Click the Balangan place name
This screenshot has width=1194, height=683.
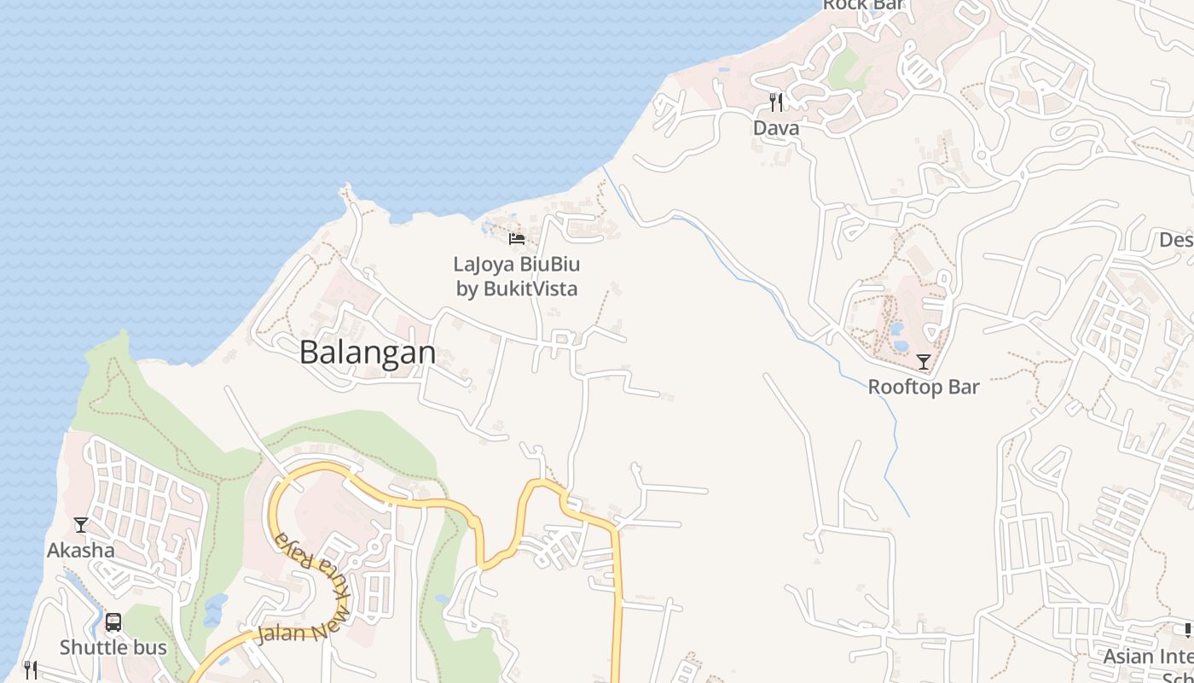[x=368, y=353]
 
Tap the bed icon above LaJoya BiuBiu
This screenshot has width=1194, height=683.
[x=516, y=238]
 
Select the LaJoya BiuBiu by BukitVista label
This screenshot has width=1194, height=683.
[x=517, y=277]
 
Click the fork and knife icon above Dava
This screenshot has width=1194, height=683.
[x=776, y=103]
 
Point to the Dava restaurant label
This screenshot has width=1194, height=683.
[x=776, y=128]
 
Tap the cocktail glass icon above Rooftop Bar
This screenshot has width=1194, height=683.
[x=923, y=362]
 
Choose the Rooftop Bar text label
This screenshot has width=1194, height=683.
[x=924, y=387]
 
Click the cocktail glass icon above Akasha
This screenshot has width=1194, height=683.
[x=81, y=524]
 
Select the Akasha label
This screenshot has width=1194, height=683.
[x=81, y=550]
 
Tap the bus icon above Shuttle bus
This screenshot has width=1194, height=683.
[x=113, y=622]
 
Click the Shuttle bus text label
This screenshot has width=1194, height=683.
[x=113, y=647]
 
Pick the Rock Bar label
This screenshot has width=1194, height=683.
[x=863, y=5]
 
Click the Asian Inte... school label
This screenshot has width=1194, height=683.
[x=1148, y=657]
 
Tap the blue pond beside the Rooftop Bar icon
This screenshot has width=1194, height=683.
[x=897, y=329]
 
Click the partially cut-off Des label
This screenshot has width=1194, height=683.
[x=1176, y=240]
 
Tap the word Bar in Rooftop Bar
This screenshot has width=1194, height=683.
[x=964, y=387]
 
